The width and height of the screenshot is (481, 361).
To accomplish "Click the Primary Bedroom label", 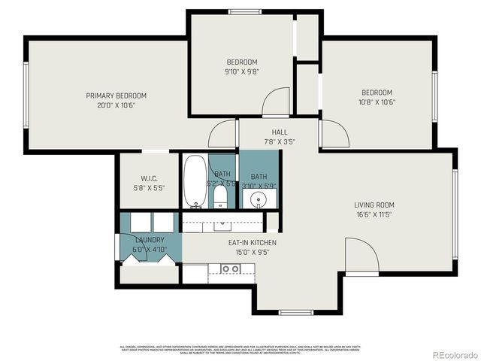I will (116, 96).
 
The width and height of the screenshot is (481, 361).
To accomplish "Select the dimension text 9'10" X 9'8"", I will (242, 72).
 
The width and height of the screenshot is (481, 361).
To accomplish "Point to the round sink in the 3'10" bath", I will (259, 199).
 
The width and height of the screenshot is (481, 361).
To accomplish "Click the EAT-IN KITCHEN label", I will (253, 242).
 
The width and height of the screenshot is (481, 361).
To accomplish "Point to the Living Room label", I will (374, 205).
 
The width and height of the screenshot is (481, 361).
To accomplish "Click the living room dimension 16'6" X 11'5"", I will (374, 214).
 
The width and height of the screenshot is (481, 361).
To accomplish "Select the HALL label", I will (280, 132).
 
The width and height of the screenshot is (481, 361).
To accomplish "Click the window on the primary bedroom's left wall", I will (26, 96).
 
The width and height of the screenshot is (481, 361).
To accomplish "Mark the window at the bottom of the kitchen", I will (295, 312).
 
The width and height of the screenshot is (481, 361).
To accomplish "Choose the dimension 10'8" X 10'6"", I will (377, 102).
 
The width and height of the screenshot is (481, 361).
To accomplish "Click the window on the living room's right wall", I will (455, 205).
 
